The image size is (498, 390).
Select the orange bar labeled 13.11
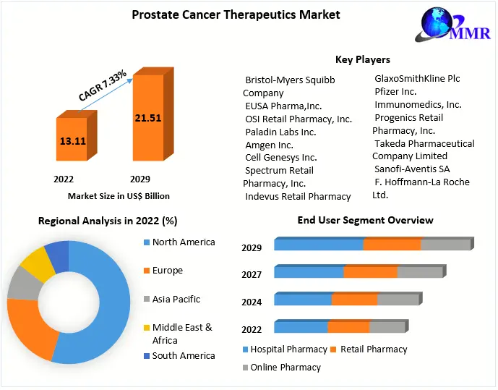pyautogui.click(x=72, y=141)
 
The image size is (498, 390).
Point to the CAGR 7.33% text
pyautogui.click(x=103, y=85)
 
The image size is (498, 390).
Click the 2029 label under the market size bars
pyautogui.click(x=139, y=178)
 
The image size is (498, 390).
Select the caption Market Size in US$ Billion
pyautogui.click(x=119, y=196)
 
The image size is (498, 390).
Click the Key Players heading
pyautogui.click(x=362, y=60)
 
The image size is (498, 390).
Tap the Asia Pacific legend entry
pyautogui.click(x=176, y=299)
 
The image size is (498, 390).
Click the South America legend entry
pyautogui.click(x=183, y=355)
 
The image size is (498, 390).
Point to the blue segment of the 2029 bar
pyautogui.click(x=318, y=245)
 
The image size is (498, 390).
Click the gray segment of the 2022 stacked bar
pyautogui.click(x=387, y=328)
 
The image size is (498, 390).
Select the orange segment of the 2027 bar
pyautogui.click(x=370, y=272)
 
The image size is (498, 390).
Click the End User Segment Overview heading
pyautogui.click(x=365, y=220)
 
